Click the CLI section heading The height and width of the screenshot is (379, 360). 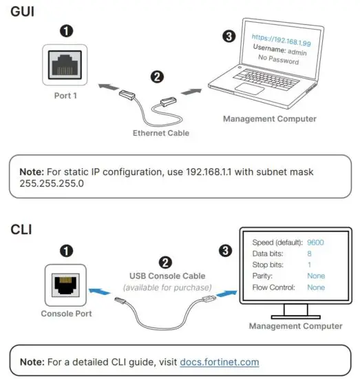pos(20,227)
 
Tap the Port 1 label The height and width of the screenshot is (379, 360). pos(65,96)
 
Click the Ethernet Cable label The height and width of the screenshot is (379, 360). pos(162,132)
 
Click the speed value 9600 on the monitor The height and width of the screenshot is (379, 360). pos(316,242)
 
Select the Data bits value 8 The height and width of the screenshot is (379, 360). pos(310,254)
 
